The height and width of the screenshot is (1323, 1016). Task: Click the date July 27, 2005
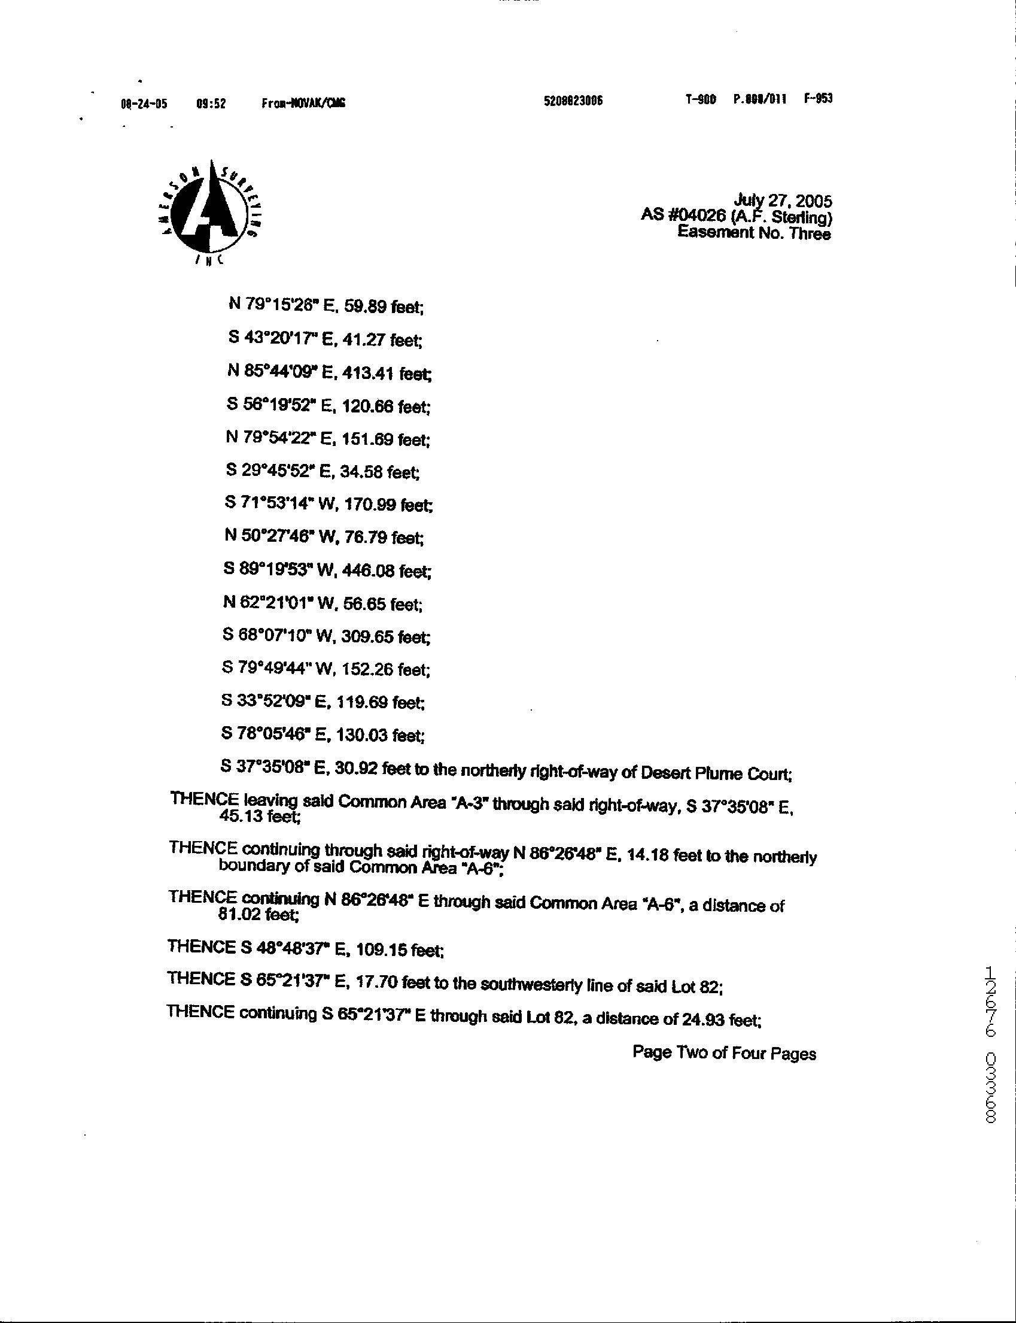point(783,201)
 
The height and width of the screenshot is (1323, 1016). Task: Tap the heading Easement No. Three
point(753,233)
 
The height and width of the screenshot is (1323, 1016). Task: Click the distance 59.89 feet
point(384,307)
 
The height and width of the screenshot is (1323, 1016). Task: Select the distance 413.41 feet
point(387,374)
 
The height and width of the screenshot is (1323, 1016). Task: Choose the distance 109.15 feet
point(400,951)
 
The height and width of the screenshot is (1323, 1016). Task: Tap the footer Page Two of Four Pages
point(724,1053)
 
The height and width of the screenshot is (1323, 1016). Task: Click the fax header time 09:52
point(211,104)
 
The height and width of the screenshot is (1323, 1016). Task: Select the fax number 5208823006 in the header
point(573,101)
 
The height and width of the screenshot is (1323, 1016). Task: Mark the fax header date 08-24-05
point(144,104)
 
